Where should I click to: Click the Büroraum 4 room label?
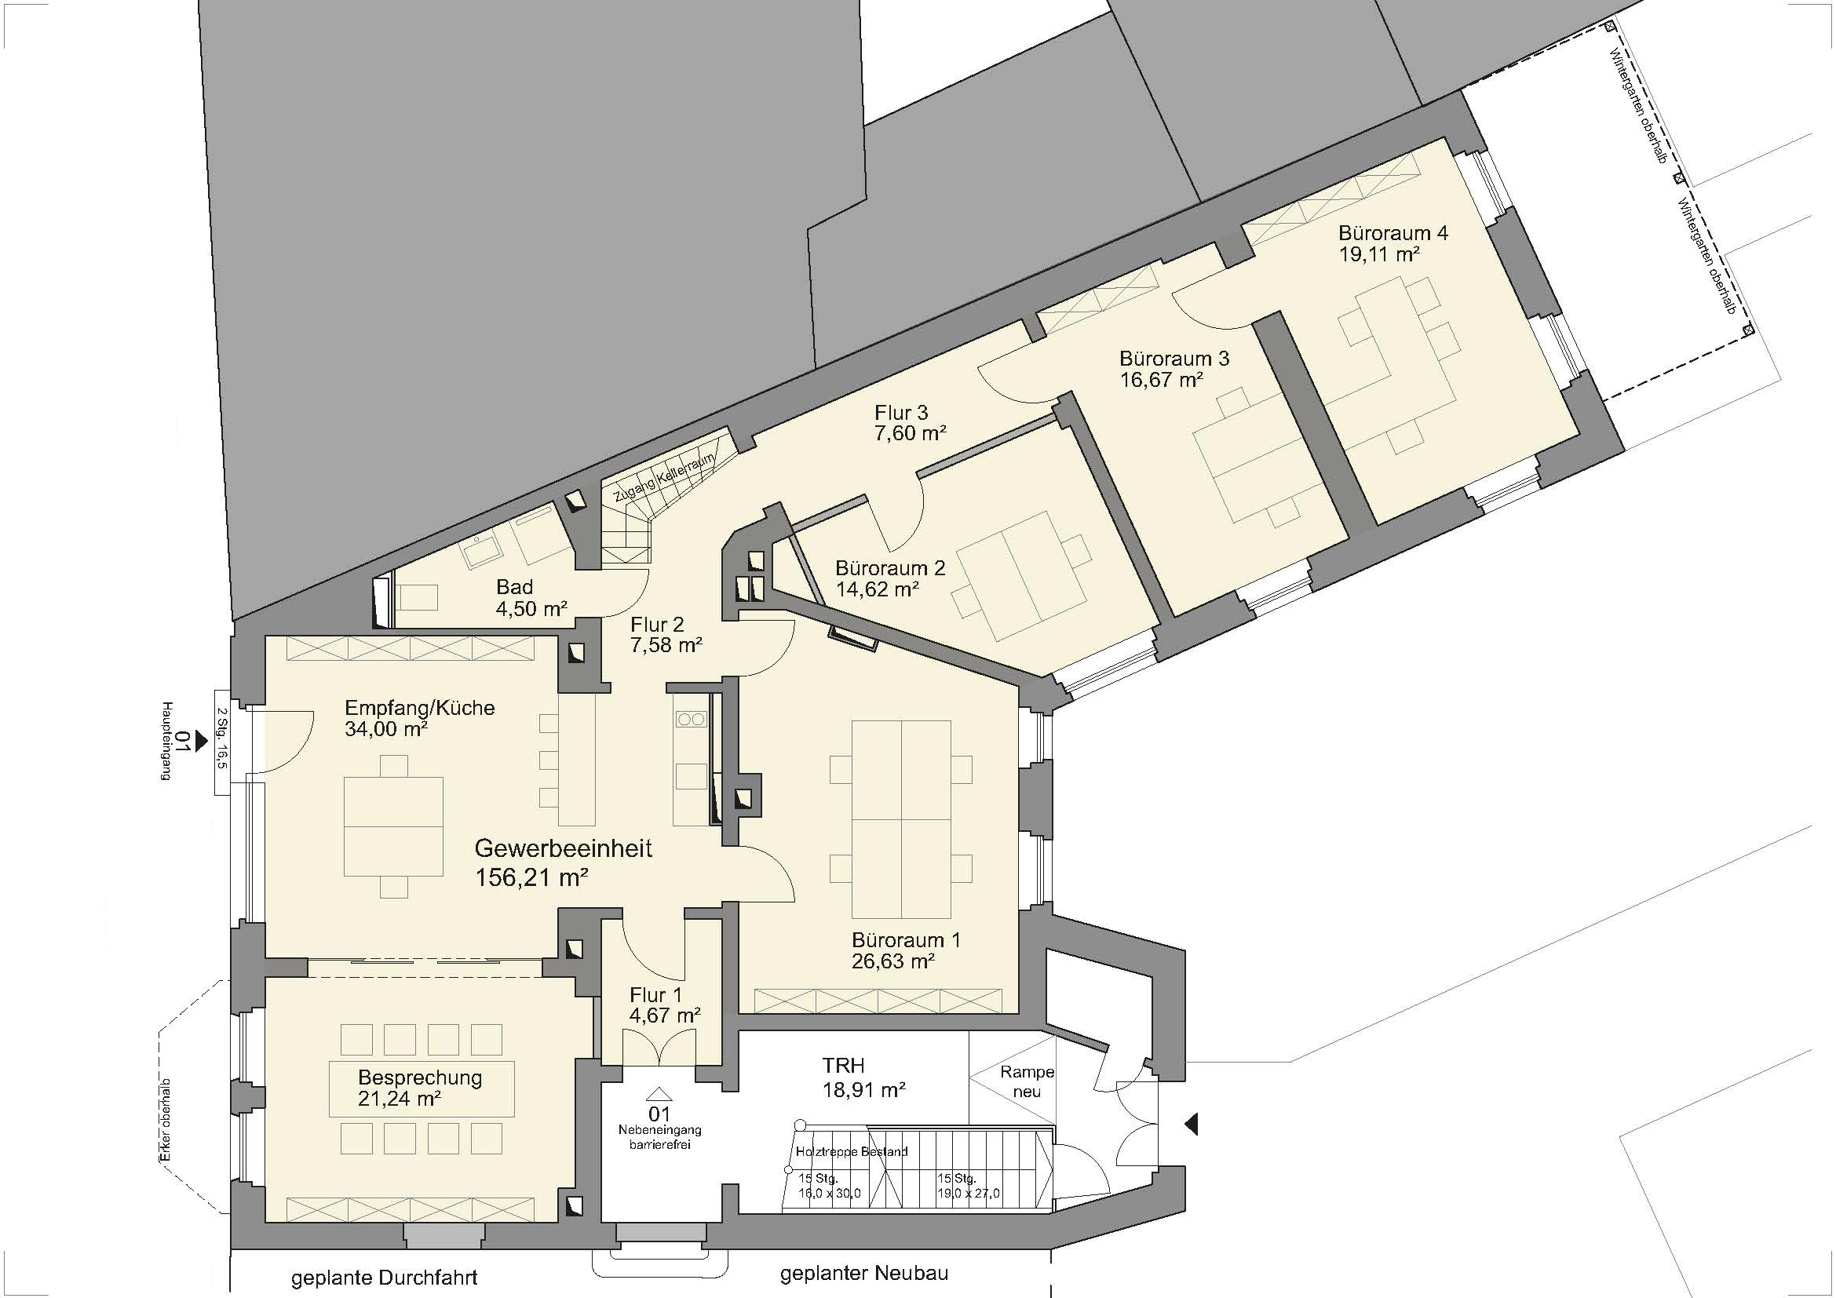tap(1393, 233)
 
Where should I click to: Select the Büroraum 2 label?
tap(890, 568)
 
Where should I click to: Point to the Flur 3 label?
tap(901, 414)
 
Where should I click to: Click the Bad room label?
tap(514, 588)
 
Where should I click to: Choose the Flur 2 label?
tap(657, 625)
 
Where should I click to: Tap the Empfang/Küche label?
tap(420, 708)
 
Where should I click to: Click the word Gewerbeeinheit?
tap(564, 848)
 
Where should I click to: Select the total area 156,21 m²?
tap(532, 877)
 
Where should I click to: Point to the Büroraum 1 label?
tap(906, 940)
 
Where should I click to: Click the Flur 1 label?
tap(656, 995)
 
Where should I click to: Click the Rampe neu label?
tap(1028, 1081)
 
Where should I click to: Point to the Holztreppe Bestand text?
tap(852, 1152)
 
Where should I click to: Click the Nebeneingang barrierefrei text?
tap(659, 1137)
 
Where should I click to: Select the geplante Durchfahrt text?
tap(385, 1277)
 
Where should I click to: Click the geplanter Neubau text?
tap(864, 1272)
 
